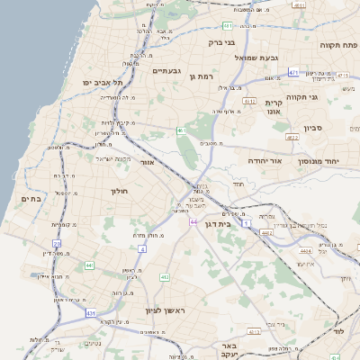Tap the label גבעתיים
coord(167,70)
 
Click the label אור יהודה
coord(265,160)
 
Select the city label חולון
coord(121,191)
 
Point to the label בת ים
coord(29,198)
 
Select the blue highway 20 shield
coord(57,244)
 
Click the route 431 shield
coord(90,312)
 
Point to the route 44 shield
coord(193,220)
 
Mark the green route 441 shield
coord(89,265)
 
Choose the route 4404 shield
coord(306,251)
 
